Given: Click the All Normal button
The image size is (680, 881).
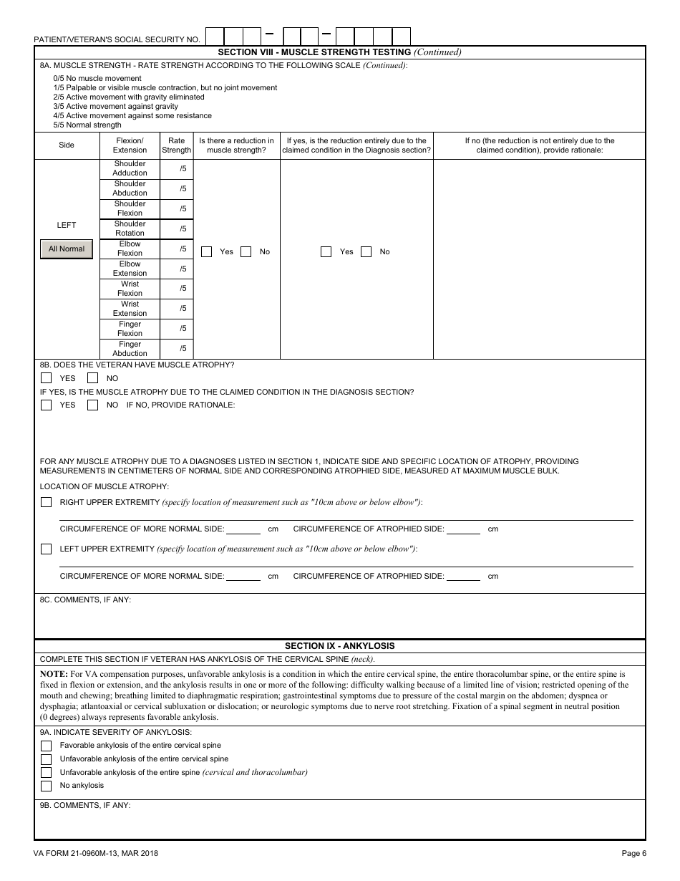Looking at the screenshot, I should (x=67, y=249).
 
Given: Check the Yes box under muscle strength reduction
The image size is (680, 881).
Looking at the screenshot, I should (x=207, y=252).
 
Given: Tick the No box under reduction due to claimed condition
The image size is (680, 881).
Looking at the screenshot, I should (x=366, y=252).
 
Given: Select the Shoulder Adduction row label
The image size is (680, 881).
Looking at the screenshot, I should (x=130, y=168).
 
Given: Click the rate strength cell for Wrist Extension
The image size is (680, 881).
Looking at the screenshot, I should (x=176, y=309).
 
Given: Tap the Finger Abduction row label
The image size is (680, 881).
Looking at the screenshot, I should (x=130, y=349).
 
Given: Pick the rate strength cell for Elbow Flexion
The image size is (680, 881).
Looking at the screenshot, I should (x=176, y=249).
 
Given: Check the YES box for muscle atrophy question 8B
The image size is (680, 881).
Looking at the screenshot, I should (x=47, y=378).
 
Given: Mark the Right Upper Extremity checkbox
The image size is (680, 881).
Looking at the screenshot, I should (x=47, y=502).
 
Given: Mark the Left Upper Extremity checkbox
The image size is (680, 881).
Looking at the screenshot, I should (x=47, y=549).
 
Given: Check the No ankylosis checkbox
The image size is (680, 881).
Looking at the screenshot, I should (x=47, y=786).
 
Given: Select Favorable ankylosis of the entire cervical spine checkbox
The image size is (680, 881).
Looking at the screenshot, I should (x=47, y=746).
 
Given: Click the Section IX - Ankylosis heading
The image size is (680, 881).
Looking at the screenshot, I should (x=339, y=646).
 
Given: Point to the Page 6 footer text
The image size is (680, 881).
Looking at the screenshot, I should (x=633, y=853).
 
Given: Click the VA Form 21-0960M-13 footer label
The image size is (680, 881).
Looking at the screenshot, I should (x=96, y=853).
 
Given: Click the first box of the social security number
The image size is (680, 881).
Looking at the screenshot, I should (x=215, y=36).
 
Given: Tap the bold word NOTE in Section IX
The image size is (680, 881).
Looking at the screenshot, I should (x=54, y=675).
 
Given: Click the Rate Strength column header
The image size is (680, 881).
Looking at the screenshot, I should (x=176, y=145).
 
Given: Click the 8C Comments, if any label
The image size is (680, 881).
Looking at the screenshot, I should (x=85, y=600).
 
